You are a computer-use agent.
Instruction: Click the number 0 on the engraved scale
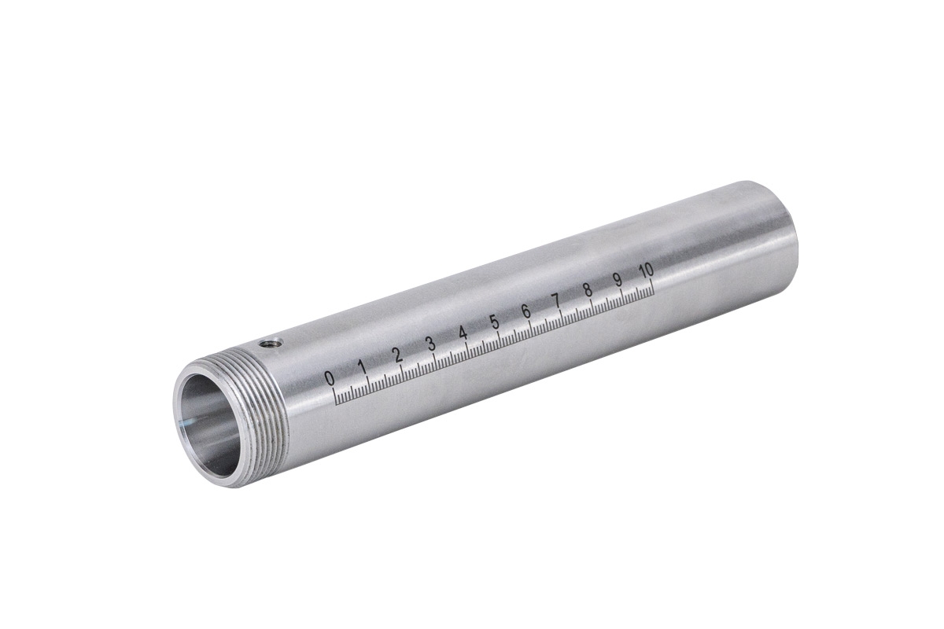click(330, 378)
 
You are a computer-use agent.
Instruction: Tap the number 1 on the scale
click(362, 367)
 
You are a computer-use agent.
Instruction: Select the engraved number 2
click(397, 355)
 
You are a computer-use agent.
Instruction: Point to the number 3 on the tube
click(431, 344)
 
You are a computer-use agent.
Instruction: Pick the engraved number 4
click(463, 333)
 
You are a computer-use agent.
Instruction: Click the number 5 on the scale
click(495, 322)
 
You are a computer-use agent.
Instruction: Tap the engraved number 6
click(526, 312)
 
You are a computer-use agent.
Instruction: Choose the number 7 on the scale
click(556, 301)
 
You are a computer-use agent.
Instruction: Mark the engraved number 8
click(587, 291)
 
